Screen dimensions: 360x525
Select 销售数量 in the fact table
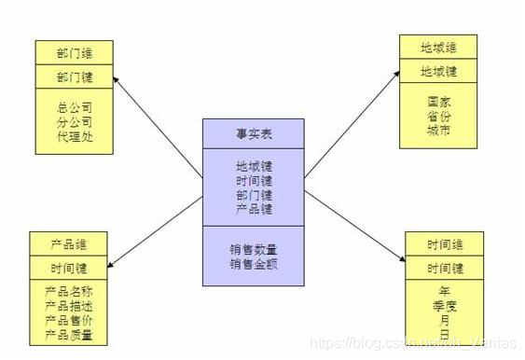pos(255,250)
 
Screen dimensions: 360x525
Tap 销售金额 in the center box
pos(255,264)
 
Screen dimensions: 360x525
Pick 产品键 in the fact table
pos(255,210)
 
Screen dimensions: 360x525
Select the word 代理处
pos(75,136)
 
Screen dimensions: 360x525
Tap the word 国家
pos(438,102)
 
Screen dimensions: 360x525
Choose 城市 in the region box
pos(438,131)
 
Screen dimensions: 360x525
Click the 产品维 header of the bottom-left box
pos(68,244)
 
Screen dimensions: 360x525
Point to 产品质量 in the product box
pos(68,334)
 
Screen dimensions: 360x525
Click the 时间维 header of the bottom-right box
pos(444,244)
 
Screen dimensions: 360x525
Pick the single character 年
pos(444,289)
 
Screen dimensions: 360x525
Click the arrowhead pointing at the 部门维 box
pos(117,81)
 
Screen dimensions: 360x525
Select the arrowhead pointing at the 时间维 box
pos(400,262)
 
